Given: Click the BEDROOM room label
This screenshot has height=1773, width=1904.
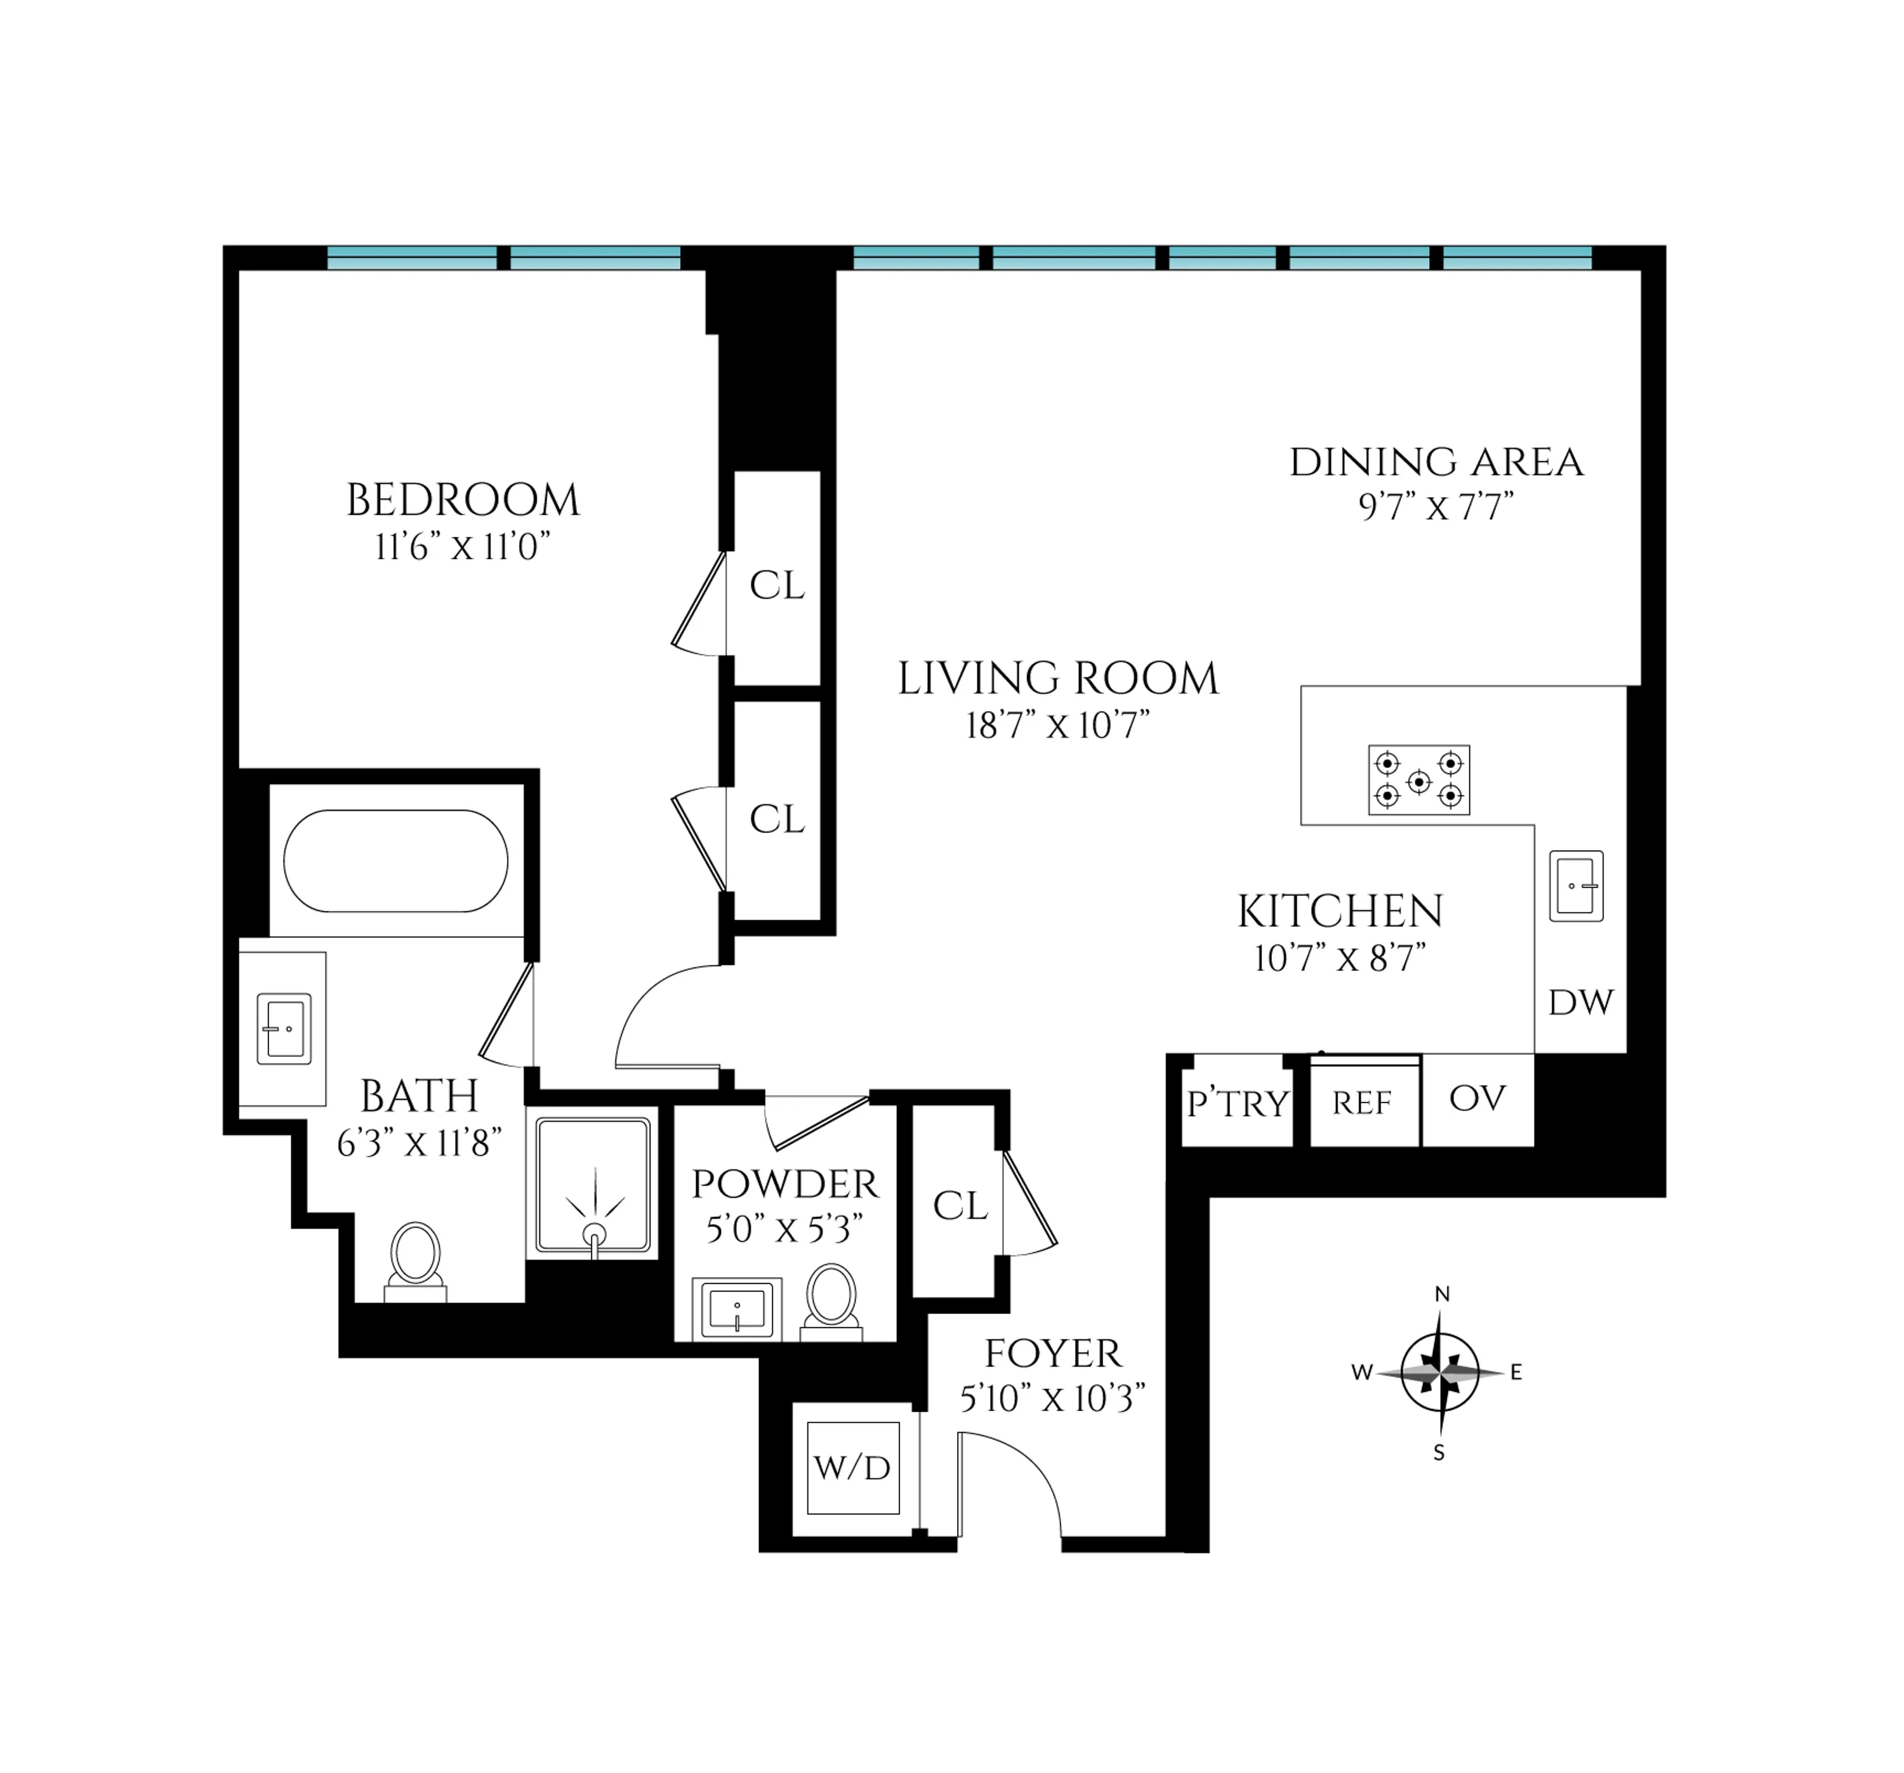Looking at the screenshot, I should [463, 501].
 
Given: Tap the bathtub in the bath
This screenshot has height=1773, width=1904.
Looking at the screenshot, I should [395, 861].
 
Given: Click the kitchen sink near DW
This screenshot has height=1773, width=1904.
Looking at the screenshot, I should [1577, 886].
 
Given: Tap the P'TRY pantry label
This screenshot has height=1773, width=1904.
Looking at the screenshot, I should [1238, 1103].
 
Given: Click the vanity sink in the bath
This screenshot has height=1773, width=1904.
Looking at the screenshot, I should [284, 1030].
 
